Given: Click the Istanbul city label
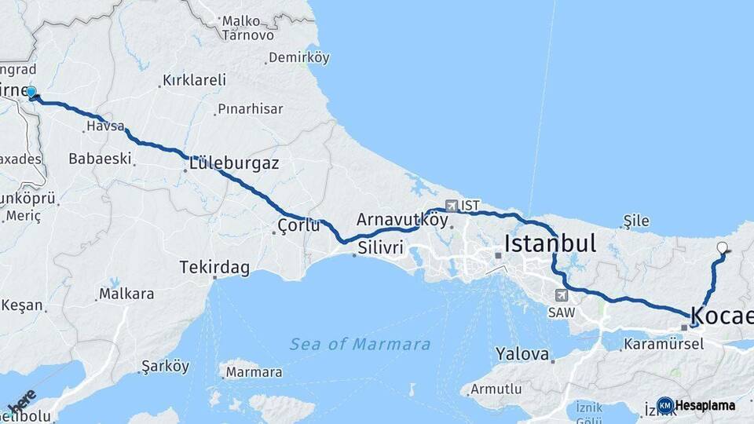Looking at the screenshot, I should [550, 243].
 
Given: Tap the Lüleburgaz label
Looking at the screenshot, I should [233, 163].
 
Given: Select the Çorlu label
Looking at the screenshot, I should [299, 226].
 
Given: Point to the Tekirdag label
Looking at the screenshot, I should [214, 269].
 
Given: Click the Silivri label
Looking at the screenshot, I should [380, 248].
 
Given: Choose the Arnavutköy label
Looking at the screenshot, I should [402, 220].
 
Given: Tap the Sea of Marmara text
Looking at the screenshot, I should [360, 344].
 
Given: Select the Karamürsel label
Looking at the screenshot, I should [664, 344].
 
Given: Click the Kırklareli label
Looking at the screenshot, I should [194, 80].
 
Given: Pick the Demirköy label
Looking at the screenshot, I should [298, 58].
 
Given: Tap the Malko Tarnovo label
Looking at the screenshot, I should [248, 27].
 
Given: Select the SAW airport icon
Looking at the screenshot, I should [560, 296].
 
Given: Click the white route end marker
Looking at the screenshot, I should [722, 248].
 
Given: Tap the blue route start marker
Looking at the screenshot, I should [31, 92].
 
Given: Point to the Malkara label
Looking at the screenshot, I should [126, 295].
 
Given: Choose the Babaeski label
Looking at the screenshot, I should [100, 159].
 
